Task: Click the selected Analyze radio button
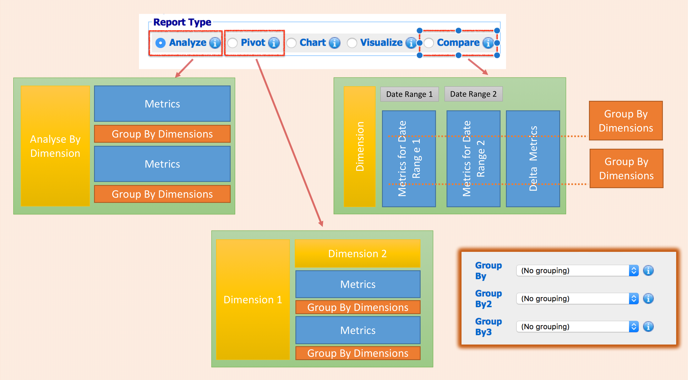(160, 43)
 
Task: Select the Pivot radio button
(232, 43)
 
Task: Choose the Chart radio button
(291, 43)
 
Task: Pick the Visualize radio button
(352, 43)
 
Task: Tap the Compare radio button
(429, 43)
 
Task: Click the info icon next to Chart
(335, 43)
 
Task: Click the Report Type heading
(182, 22)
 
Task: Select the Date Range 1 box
(409, 94)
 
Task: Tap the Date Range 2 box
(473, 94)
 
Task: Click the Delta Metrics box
(533, 159)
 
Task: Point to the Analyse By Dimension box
(55, 146)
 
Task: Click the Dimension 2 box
(357, 253)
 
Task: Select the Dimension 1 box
(253, 299)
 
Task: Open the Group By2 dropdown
(577, 299)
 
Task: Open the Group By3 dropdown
(577, 327)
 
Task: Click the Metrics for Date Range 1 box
(409, 159)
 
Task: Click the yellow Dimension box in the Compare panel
(360, 146)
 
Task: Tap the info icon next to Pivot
(274, 43)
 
